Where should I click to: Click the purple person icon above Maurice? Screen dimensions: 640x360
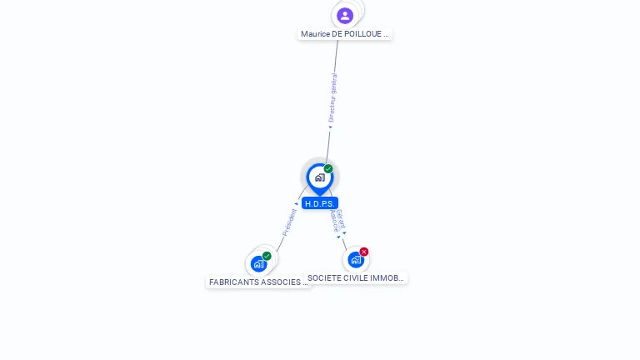(345, 15)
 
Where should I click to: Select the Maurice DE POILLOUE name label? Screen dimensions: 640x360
(345, 34)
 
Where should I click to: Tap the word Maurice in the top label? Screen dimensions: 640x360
(315, 34)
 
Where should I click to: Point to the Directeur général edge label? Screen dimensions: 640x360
(332, 97)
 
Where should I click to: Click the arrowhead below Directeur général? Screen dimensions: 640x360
(330, 127)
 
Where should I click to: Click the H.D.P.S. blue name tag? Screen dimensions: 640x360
(320, 203)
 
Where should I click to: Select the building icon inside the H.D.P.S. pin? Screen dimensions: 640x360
(319, 177)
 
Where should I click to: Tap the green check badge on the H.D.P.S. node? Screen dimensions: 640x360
(328, 169)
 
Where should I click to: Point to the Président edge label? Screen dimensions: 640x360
(289, 222)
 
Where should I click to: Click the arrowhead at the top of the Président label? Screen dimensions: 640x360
(296, 204)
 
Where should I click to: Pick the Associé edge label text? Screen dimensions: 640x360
(333, 220)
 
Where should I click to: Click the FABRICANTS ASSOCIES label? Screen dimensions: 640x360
(258, 282)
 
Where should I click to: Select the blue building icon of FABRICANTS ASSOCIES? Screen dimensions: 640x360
(258, 264)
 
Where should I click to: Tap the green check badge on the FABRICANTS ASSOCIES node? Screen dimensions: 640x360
(267, 256)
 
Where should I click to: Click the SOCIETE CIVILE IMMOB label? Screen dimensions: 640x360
(356, 278)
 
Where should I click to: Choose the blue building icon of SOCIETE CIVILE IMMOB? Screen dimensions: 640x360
(356, 259)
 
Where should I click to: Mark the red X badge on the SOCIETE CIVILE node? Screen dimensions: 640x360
(364, 252)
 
